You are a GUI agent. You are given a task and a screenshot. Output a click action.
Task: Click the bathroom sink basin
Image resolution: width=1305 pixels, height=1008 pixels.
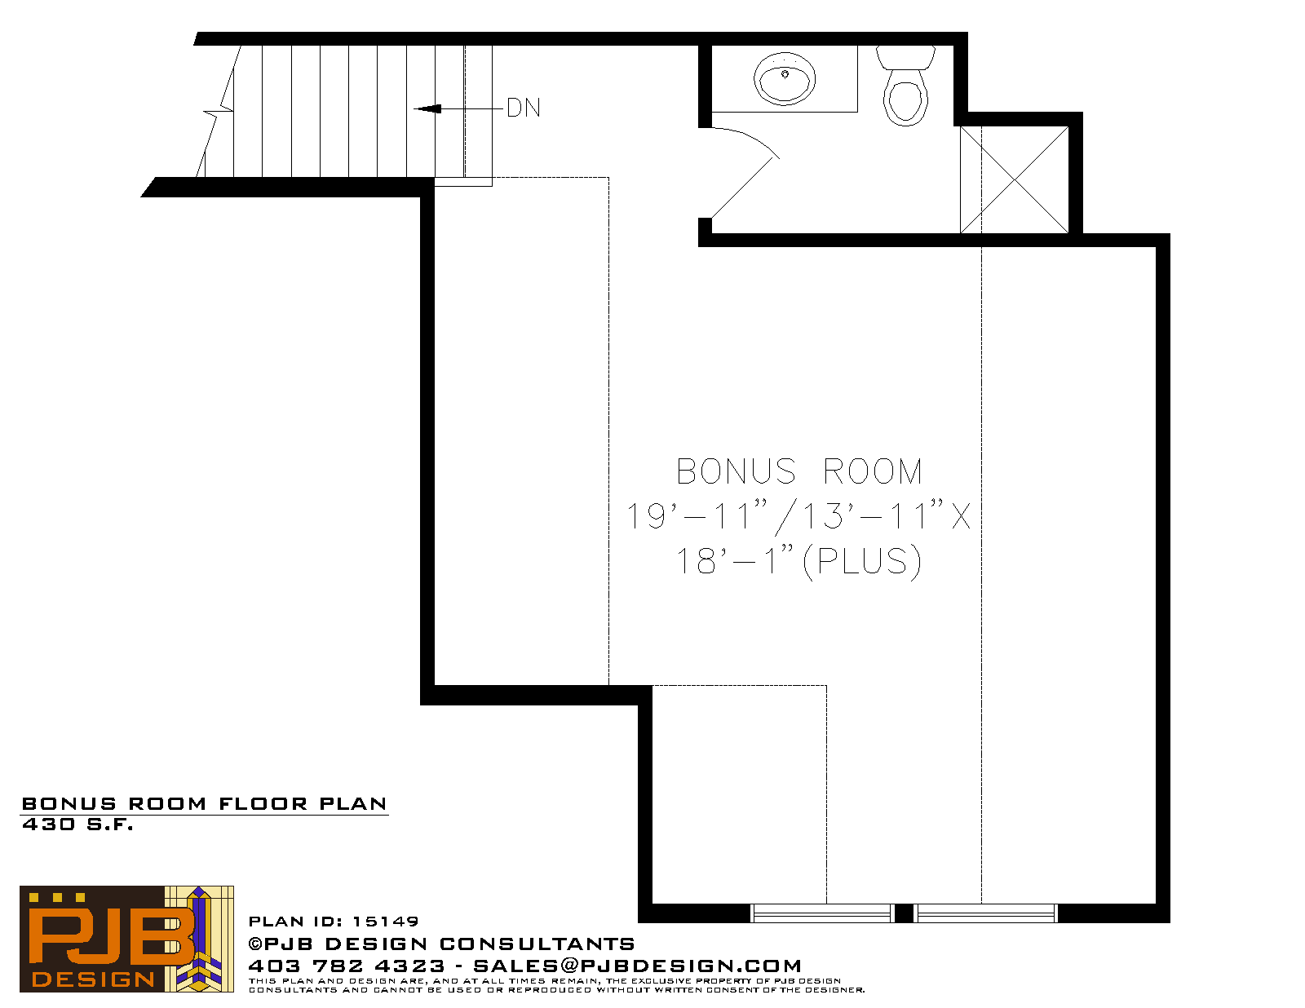(x=785, y=78)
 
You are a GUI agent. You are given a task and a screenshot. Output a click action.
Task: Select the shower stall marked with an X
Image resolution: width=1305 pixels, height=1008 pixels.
(x=1015, y=179)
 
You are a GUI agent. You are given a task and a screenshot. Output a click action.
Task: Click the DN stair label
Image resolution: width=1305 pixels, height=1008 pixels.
(x=523, y=108)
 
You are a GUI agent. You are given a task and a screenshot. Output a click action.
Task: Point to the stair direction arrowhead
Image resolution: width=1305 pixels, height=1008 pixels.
(x=428, y=108)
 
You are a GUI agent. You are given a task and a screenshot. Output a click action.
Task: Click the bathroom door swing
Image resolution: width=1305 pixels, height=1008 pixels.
(x=745, y=171)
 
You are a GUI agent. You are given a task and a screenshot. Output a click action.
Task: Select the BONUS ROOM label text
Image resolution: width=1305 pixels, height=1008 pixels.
(x=798, y=471)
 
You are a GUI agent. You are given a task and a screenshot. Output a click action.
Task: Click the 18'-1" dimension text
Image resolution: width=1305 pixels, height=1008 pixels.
(x=735, y=561)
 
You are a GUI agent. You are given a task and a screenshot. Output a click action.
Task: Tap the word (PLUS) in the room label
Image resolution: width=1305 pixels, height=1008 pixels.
(x=862, y=562)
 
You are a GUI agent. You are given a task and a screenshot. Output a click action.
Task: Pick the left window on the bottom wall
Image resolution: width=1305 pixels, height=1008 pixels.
(x=822, y=913)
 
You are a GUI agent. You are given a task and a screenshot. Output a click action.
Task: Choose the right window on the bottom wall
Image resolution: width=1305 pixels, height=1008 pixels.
(x=986, y=913)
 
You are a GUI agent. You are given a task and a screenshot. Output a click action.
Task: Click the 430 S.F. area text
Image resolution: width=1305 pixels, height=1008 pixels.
(x=77, y=825)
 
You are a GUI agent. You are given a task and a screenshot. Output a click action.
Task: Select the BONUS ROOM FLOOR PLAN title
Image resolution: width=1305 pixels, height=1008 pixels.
(x=204, y=804)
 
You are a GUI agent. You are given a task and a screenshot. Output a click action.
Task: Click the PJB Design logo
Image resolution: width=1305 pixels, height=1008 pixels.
(x=126, y=939)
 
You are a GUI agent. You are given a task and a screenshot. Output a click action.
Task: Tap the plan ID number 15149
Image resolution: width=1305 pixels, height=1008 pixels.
(x=385, y=922)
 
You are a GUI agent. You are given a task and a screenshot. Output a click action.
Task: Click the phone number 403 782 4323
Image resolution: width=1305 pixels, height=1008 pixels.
(x=347, y=966)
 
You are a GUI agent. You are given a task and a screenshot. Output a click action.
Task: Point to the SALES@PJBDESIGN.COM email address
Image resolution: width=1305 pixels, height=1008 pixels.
(x=637, y=966)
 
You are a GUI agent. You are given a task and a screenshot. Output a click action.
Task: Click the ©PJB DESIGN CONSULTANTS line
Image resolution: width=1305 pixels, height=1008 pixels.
(x=441, y=944)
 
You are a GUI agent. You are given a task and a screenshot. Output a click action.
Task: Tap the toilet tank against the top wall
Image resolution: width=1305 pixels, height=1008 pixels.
(x=905, y=57)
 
